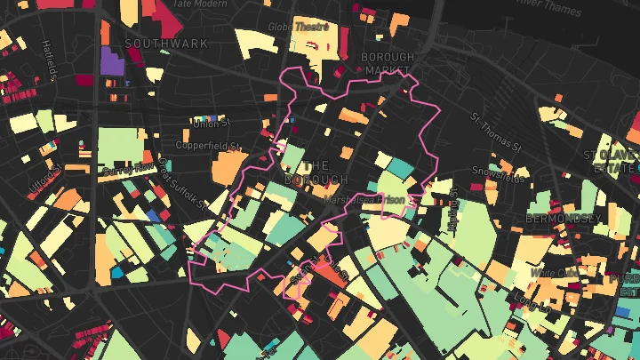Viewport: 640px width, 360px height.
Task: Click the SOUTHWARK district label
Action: tap(166, 43)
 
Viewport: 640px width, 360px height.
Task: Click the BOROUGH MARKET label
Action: tap(388, 64)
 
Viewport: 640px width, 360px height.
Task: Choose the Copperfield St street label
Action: tap(209, 145)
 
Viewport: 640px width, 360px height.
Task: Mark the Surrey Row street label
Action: tap(131, 168)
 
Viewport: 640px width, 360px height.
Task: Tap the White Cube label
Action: tap(555, 271)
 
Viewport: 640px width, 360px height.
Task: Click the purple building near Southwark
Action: tap(112, 60)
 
